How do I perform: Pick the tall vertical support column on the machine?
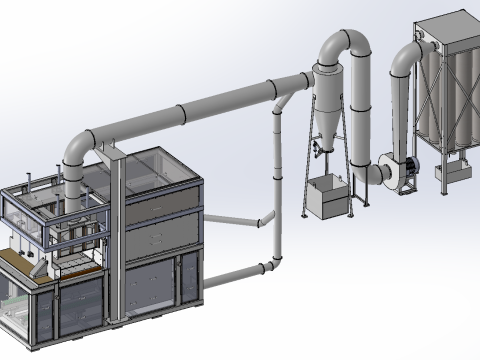pos(117,230)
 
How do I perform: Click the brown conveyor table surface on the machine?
pos(17,262)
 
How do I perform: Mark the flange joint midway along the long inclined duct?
pos(183,114)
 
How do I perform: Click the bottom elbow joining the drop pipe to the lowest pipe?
pos(271,264)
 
